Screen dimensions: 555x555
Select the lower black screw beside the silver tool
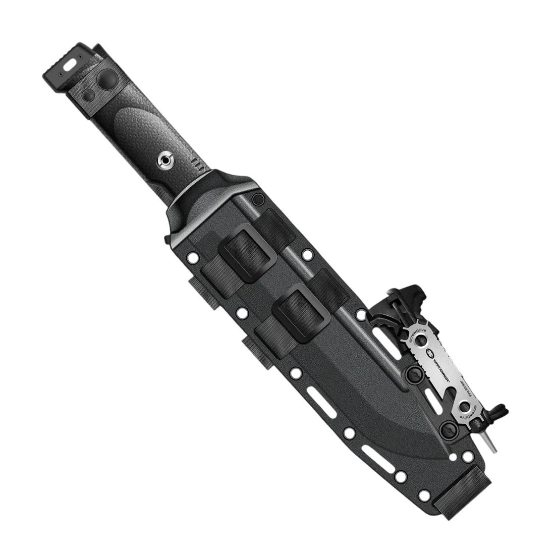click(x=447, y=429)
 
